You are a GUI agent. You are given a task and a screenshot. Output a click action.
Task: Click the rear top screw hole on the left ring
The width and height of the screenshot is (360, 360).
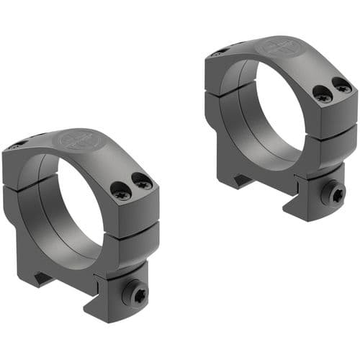point(14,146)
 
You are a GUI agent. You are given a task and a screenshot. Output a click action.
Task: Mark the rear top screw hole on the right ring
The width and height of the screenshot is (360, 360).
point(217,52)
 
